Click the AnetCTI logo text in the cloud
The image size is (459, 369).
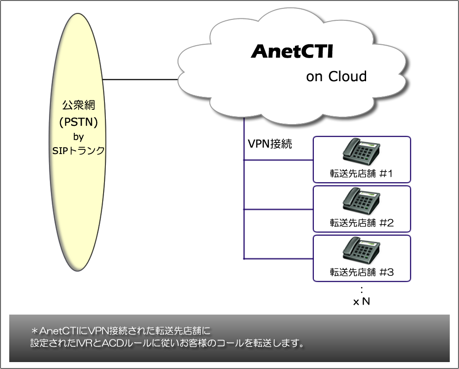tap(292, 51)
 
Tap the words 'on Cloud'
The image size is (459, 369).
tap(337, 77)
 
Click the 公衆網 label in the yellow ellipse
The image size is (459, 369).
tap(79, 105)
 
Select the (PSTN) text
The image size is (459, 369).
tap(79, 122)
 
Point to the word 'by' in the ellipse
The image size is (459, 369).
tap(79, 137)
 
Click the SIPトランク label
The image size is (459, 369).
tap(79, 150)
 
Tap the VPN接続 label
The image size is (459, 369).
tap(270, 144)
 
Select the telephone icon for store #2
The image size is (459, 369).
tap(361, 201)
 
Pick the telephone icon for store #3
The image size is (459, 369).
tap(361, 250)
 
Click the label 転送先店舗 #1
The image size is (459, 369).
tap(361, 173)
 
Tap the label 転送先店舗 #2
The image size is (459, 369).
tap(362, 223)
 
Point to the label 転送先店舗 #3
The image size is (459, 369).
tap(362, 272)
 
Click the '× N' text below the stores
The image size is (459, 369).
tap(361, 302)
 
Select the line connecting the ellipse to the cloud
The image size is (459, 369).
tap(141, 79)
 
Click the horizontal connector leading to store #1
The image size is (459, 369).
tap(279, 160)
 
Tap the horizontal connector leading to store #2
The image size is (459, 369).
tap(279, 209)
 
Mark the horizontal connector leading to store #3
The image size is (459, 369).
tap(279, 259)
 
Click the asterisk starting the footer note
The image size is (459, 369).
tap(35, 331)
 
